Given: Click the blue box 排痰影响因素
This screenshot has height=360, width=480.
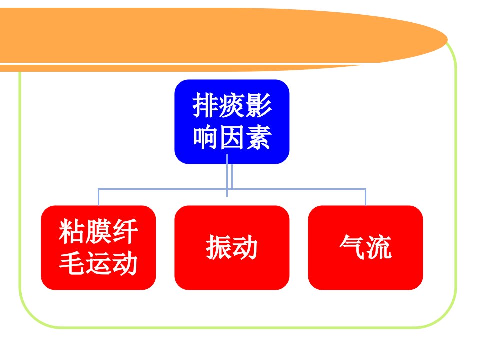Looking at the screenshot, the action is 232,122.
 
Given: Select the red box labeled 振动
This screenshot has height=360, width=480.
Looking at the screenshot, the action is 232,247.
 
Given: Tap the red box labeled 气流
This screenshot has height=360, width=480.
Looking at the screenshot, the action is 365,247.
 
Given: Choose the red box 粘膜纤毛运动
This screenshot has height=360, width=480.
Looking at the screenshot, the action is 98,247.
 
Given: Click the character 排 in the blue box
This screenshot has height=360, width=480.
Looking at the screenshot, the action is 205,105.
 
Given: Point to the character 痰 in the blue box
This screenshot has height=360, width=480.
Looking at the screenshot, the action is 232,105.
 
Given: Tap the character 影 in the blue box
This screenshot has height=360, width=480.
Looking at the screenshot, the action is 259,105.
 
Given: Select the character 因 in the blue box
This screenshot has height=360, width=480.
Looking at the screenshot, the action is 232,137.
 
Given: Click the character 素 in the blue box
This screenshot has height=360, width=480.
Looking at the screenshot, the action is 259,137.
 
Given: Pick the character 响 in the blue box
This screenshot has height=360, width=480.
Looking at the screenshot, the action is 205,137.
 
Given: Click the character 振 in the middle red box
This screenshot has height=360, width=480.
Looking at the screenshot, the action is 219,247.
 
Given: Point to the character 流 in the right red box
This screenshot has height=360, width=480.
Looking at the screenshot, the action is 379,247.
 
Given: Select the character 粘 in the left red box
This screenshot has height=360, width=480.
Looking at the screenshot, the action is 72,231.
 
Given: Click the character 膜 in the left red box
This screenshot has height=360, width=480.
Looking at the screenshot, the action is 99,231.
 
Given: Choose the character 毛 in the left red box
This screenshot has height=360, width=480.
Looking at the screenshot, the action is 72,263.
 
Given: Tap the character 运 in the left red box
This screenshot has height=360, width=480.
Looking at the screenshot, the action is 99,263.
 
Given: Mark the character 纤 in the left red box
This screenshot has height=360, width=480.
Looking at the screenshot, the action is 125,231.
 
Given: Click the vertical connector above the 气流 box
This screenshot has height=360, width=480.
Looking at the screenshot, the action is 365,197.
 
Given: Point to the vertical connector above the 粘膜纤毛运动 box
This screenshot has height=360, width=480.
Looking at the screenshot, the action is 98,197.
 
